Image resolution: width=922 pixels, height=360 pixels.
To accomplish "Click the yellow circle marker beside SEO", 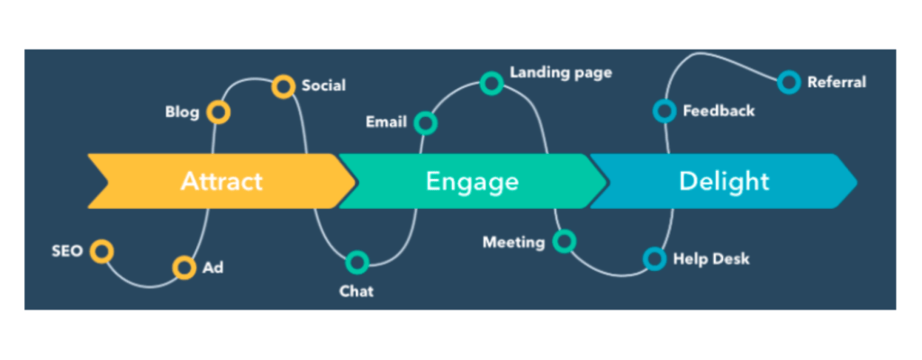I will (103, 251).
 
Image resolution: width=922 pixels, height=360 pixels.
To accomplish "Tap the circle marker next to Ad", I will (184, 267).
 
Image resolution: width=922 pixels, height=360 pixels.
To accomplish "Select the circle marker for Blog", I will (218, 112).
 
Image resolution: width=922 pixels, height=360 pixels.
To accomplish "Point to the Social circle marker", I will (284, 86).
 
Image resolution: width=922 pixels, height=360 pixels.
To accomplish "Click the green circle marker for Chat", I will (357, 263).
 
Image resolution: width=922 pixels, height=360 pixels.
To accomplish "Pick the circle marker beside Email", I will (426, 122).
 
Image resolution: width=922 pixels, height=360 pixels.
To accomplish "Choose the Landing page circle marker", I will (492, 84).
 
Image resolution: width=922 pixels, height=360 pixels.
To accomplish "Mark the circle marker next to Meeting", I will (565, 241).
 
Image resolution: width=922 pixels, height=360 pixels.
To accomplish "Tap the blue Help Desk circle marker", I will (655, 259).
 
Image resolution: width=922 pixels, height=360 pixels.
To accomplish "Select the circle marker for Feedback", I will (664, 111).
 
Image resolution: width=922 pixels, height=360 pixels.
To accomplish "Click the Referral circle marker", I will (789, 83).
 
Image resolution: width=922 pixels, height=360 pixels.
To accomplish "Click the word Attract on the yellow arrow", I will (221, 181).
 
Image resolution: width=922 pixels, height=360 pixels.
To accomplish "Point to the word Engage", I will (472, 182).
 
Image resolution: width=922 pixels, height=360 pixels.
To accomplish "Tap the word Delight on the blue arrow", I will (724, 181).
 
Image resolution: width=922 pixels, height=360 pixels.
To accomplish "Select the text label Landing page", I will (561, 72).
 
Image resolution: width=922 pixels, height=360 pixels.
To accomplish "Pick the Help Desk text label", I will (711, 259).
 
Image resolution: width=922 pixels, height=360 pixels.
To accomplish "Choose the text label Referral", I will (836, 83).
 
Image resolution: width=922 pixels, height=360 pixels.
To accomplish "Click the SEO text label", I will (67, 251).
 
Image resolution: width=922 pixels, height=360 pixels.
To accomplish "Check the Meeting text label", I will (513, 242).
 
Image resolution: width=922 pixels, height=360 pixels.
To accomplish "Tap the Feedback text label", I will (719, 112).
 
